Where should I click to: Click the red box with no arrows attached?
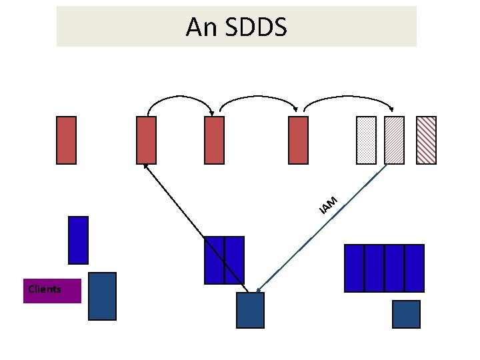point(67,140)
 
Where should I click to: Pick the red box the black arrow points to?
point(146,140)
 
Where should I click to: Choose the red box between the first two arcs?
point(215,140)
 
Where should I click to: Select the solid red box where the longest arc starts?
point(299,140)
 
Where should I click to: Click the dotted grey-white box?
point(367,140)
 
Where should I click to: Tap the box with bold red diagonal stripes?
point(426,140)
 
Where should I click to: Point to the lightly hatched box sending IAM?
point(395,140)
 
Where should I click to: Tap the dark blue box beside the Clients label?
point(102,296)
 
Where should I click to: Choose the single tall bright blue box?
point(79,240)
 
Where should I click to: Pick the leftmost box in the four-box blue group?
point(355,268)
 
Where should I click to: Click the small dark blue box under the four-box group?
point(406,314)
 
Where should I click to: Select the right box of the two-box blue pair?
point(235,260)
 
